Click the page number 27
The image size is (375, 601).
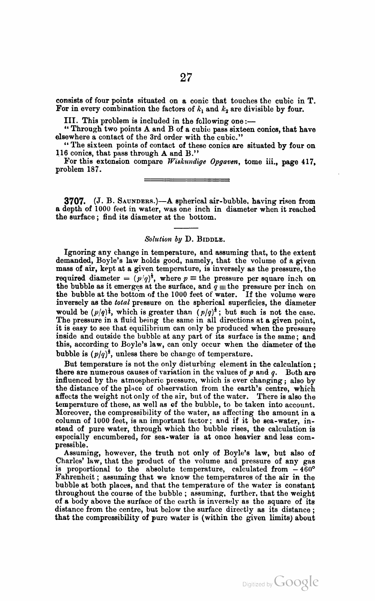(x=186, y=77)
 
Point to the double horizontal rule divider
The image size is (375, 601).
(x=186, y=180)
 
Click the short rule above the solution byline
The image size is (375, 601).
(x=186, y=228)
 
